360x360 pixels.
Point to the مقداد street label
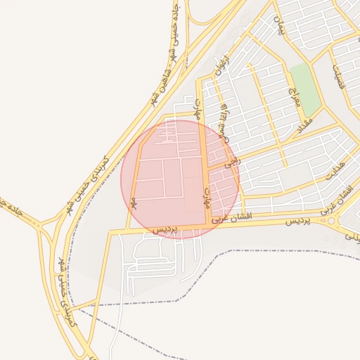[304, 126]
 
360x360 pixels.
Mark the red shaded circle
[180, 179]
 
